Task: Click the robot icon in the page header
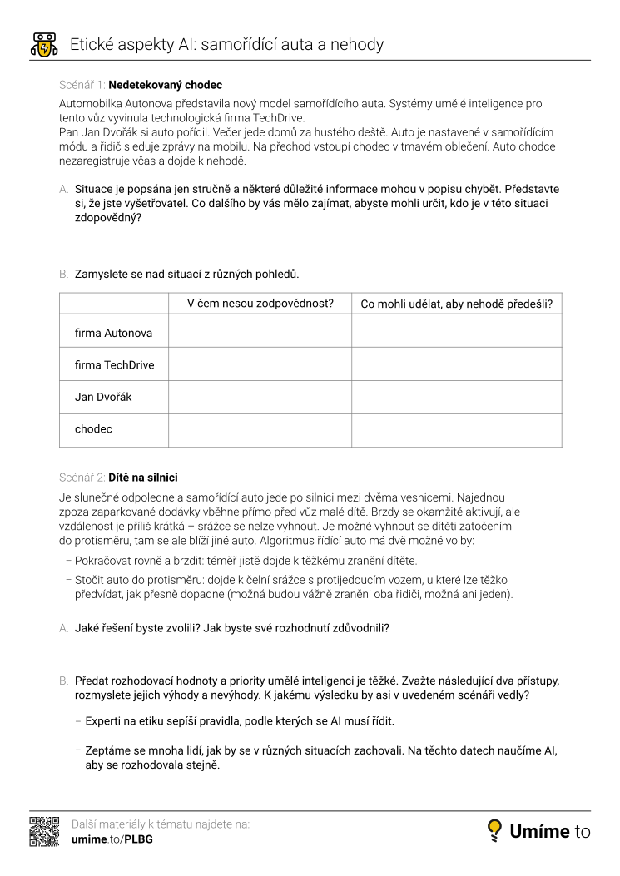tap(43, 44)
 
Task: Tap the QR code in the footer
tap(44, 832)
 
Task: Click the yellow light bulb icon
tap(494, 830)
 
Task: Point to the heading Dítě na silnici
tap(142, 478)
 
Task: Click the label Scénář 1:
tap(82, 85)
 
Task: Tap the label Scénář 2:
tap(82, 478)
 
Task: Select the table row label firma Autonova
tap(114, 333)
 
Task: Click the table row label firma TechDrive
tap(115, 364)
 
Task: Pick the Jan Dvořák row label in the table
tap(103, 397)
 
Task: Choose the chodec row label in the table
tap(93, 429)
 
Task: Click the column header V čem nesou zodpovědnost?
tap(260, 304)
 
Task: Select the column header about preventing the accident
tap(456, 304)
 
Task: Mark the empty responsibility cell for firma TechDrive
tap(260, 364)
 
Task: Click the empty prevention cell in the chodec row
tap(456, 429)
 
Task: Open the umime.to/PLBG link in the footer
tap(112, 839)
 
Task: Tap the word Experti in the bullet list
tap(105, 720)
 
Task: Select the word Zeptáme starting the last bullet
tap(110, 750)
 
